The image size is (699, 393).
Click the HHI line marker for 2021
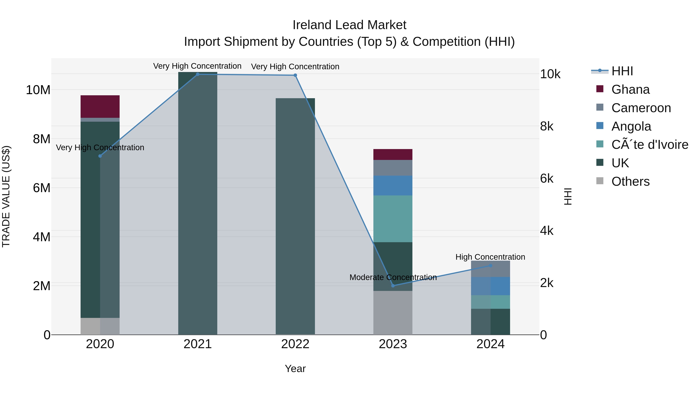pos(197,74)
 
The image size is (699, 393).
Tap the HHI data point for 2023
pos(393,286)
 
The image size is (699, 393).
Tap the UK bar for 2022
pos(295,217)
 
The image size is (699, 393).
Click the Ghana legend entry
pos(630,89)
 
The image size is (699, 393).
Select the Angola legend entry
pos(631,126)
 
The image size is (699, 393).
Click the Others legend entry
pos(630,181)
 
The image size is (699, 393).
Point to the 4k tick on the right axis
pos(547,231)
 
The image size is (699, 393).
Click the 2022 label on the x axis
pos(295,344)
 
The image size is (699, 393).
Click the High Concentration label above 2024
pos(490,257)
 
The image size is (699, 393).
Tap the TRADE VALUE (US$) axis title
pos(6,196)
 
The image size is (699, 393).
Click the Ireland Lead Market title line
pos(349,25)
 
